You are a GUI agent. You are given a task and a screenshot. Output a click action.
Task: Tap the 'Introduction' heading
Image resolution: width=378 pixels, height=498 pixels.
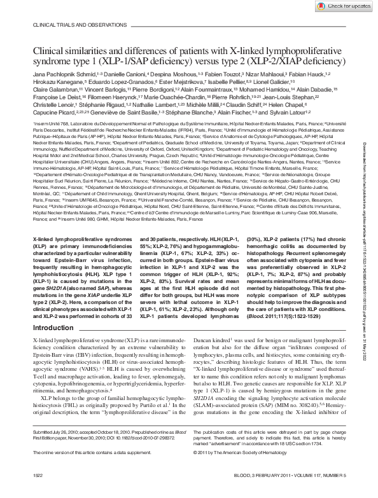pyautogui.click(x=53, y=328)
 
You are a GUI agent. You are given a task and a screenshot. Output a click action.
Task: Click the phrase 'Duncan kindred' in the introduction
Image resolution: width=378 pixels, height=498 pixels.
pyautogui.click(x=209, y=342)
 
